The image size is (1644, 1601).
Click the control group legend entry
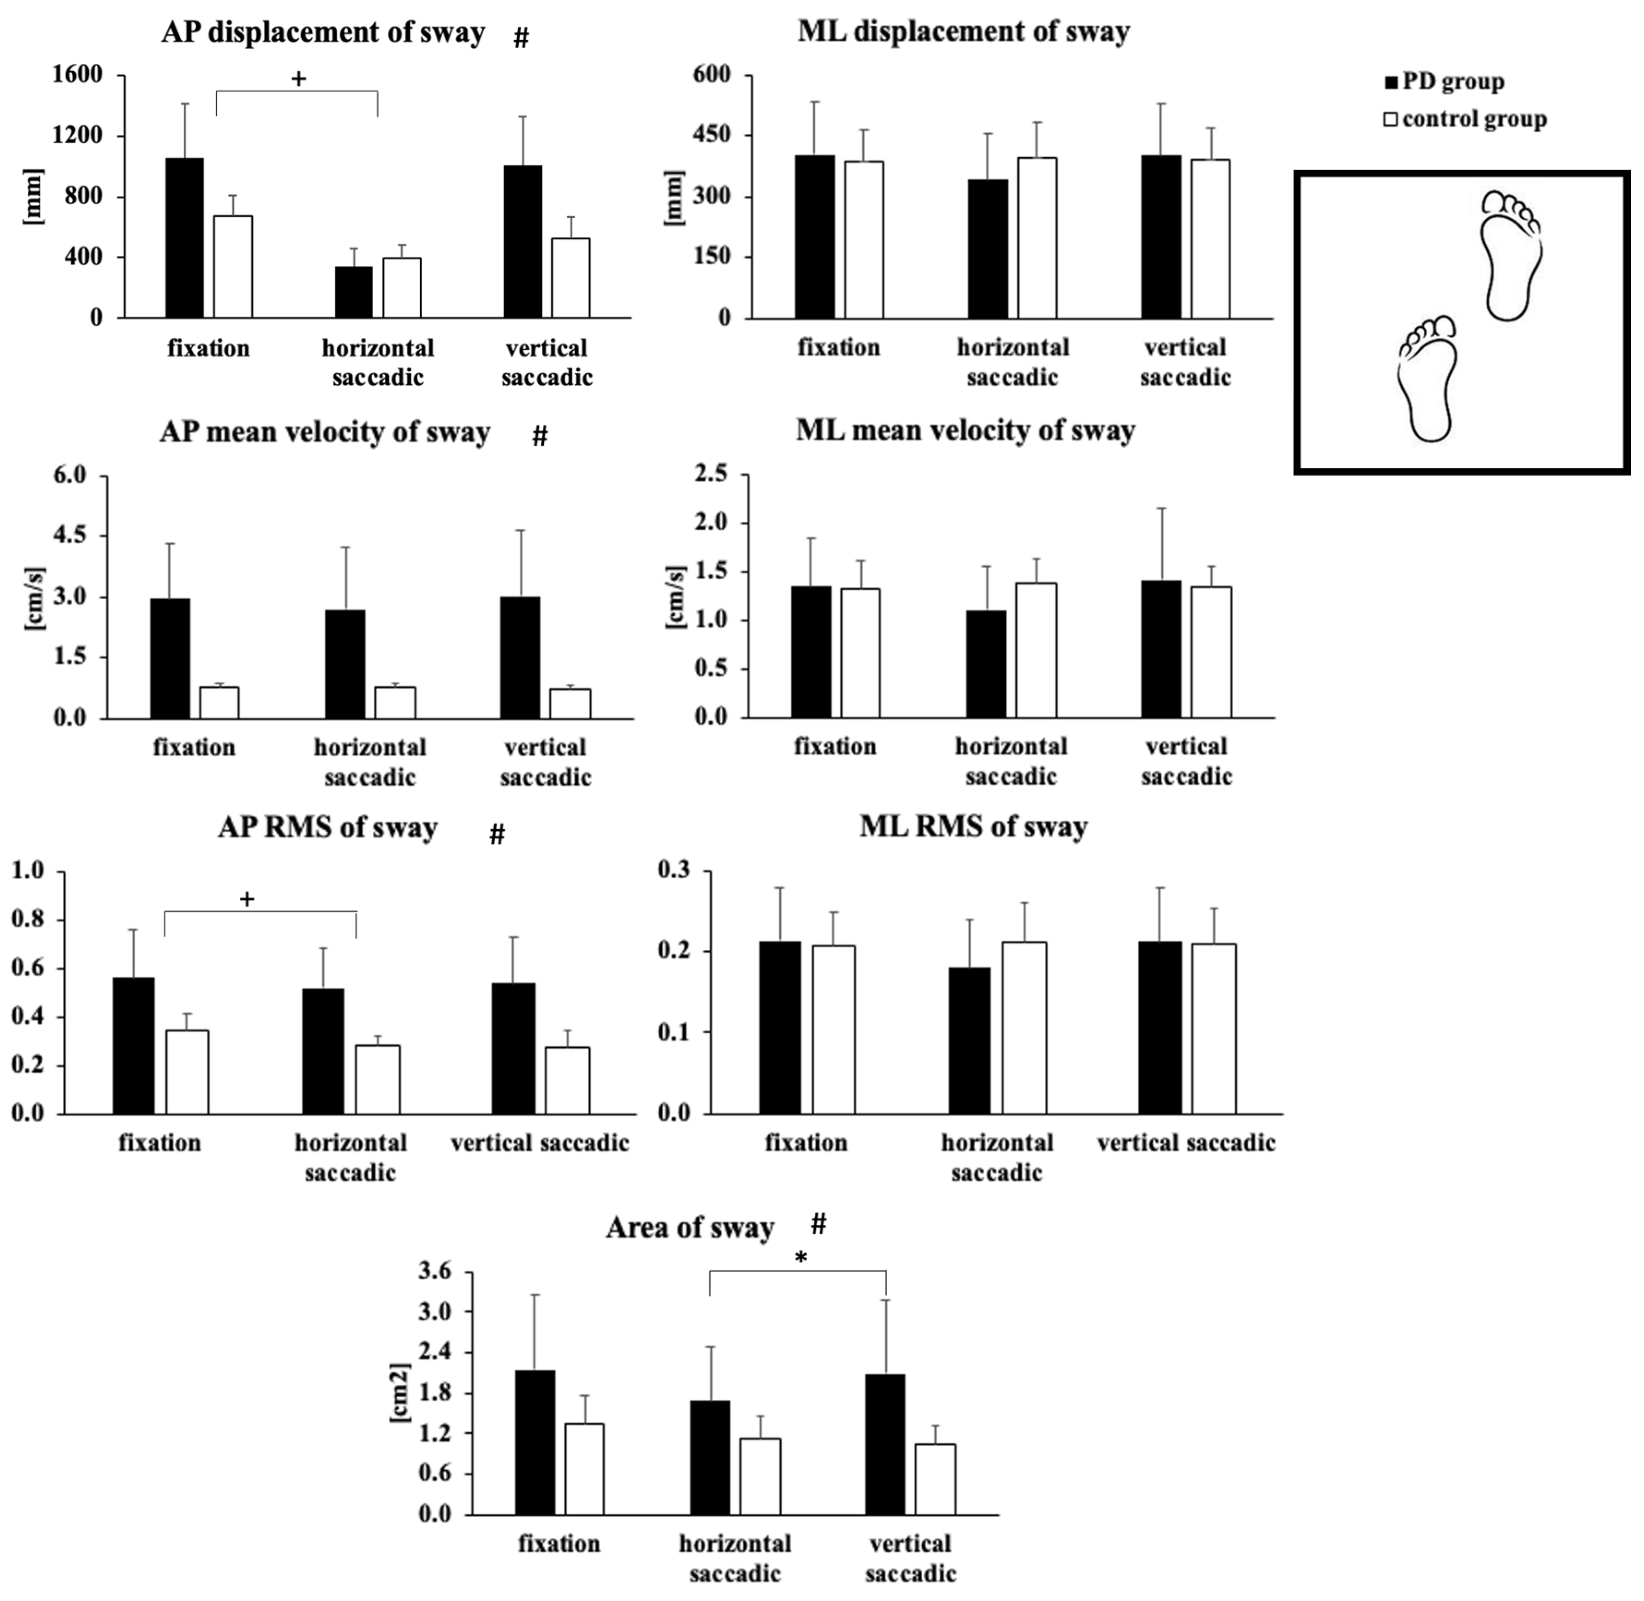tap(1465, 119)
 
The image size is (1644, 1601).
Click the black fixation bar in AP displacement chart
tap(184, 238)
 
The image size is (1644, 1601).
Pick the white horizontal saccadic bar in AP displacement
tap(402, 288)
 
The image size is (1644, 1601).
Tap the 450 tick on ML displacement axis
tap(712, 135)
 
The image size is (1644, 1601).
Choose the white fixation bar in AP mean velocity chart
tap(219, 703)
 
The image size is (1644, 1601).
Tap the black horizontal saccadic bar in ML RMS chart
tap(970, 1041)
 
